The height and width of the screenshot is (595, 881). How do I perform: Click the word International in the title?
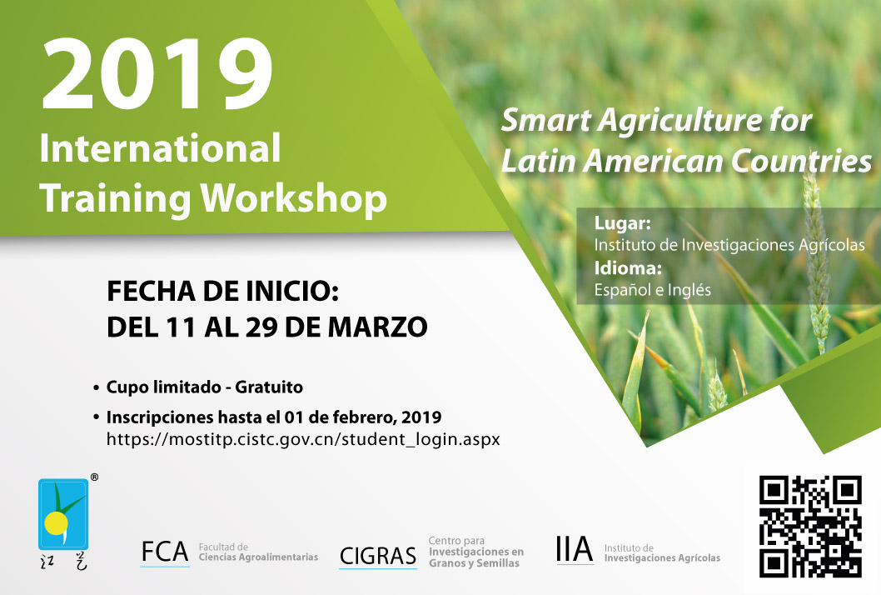click(x=160, y=148)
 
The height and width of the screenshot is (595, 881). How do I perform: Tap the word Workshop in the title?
click(x=294, y=198)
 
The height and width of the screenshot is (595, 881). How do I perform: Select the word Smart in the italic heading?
click(x=545, y=120)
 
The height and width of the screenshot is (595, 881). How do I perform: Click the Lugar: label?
click(x=623, y=223)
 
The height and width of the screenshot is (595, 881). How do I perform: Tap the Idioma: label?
click(x=628, y=267)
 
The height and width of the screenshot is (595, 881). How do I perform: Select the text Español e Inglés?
click(x=653, y=290)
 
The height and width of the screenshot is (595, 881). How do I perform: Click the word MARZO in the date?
click(x=377, y=327)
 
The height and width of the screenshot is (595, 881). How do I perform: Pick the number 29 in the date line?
click(x=261, y=327)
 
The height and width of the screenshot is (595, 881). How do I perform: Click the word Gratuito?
click(x=269, y=387)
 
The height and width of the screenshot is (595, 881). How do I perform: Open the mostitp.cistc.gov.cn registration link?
click(x=303, y=439)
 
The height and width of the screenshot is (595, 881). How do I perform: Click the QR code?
click(x=810, y=527)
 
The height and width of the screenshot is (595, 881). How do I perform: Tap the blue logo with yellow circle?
click(x=63, y=514)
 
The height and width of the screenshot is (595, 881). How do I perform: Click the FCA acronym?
click(x=165, y=552)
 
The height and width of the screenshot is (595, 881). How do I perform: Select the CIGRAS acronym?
click(x=377, y=556)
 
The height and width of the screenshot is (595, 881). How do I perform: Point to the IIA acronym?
click(x=575, y=549)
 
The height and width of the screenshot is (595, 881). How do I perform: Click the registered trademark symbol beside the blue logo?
click(x=94, y=477)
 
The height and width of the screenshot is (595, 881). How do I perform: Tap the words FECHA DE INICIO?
click(x=222, y=292)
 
